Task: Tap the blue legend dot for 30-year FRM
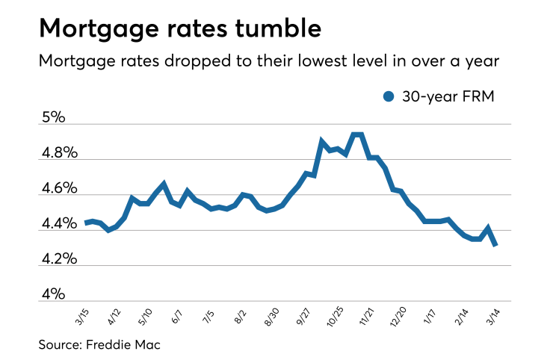[388, 96]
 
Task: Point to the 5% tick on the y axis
[53, 117]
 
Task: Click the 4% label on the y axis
[53, 295]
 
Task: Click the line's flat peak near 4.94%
[357, 134]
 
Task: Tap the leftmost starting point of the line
[86, 223]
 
